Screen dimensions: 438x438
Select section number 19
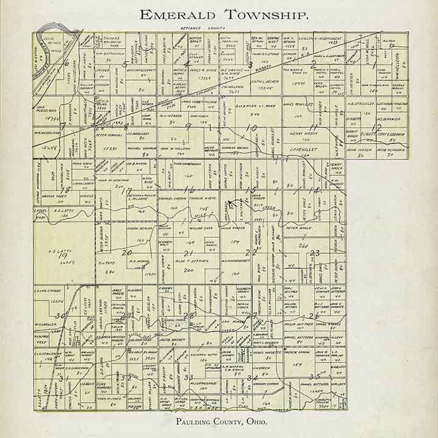(60, 257)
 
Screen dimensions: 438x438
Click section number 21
(188, 252)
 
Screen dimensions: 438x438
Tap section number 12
(377, 127)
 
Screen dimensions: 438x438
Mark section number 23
(314, 252)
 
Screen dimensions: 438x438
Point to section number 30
(59, 316)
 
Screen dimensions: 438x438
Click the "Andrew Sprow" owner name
(298, 351)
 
